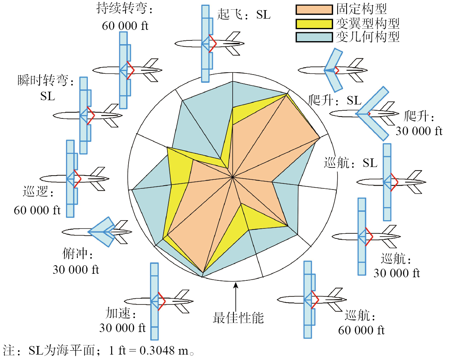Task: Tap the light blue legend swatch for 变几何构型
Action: [314, 37]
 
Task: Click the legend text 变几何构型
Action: [367, 37]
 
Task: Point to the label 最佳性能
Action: [238, 318]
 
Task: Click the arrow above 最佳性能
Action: [235, 295]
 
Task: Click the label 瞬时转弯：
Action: [45, 81]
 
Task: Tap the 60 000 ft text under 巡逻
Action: [37, 210]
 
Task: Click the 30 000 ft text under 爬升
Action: [419, 131]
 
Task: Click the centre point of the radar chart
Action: [232, 177]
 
